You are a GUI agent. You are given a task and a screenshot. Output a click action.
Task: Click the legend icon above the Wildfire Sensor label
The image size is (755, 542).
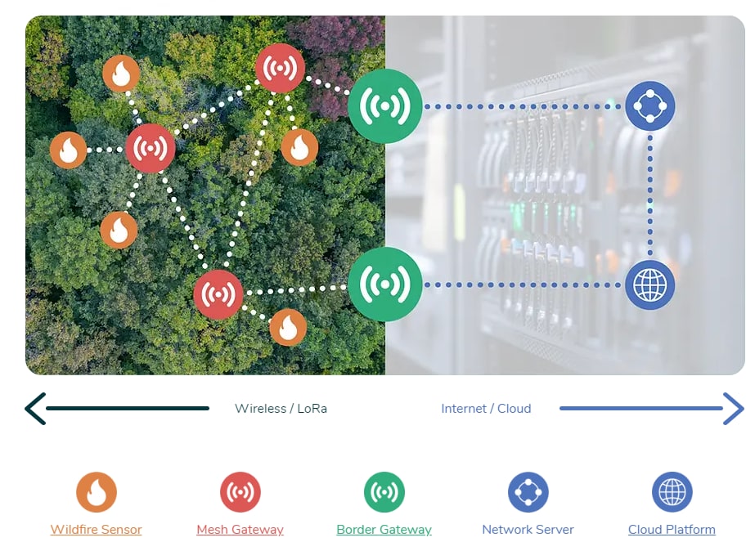point(97,492)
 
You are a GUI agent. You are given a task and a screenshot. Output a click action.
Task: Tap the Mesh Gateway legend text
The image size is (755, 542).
point(240,530)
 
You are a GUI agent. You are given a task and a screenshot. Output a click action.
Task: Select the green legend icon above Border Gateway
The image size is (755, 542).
point(384,492)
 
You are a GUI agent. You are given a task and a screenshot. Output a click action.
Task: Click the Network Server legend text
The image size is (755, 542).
point(528,530)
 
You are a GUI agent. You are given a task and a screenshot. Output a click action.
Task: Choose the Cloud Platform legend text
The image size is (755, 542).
point(672,530)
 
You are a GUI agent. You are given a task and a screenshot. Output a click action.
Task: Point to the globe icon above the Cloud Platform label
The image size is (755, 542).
point(672,492)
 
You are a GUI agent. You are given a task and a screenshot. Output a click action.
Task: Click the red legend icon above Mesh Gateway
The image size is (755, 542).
point(240,492)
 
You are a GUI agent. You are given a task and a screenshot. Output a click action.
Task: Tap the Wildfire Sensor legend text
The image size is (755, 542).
point(97,530)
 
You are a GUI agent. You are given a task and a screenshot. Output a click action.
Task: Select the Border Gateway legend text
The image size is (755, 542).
point(384,530)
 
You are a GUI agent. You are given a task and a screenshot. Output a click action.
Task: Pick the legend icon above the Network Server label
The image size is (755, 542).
point(528,492)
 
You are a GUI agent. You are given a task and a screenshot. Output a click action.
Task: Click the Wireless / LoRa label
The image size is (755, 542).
point(281,409)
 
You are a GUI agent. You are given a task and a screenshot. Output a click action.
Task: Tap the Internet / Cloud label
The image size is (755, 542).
point(486,409)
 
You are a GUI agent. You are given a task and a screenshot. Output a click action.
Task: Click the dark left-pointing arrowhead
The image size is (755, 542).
point(34,409)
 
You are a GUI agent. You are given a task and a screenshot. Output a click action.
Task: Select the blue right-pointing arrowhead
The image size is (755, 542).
point(734,409)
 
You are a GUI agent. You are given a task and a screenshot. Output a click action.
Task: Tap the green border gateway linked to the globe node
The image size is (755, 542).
point(384,284)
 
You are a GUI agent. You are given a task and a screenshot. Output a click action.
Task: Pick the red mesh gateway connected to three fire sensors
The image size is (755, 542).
point(151,149)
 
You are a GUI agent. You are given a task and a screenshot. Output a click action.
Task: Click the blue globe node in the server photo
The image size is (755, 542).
point(650,284)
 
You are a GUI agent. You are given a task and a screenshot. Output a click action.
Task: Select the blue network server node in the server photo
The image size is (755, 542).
point(650,106)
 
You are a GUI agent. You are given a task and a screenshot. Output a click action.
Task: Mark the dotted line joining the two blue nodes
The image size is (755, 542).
point(650,196)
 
